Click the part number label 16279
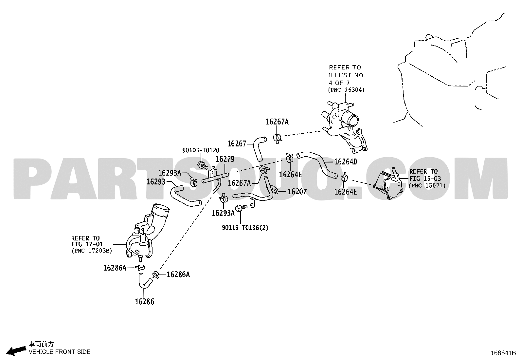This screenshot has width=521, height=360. (225, 159)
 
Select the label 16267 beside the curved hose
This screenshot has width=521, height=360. (237, 144)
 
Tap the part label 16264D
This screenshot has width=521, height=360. (346, 162)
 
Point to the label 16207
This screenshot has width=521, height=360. (297, 192)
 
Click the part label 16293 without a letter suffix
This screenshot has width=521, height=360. (156, 181)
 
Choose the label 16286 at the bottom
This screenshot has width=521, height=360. (144, 302)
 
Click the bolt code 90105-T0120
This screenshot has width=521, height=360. (201, 150)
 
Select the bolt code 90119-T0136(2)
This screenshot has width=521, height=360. (245, 228)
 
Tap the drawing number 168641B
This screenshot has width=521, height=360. (503, 353)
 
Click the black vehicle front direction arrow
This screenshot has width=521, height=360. (16, 351)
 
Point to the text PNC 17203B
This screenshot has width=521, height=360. (92, 251)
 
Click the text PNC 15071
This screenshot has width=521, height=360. (427, 186)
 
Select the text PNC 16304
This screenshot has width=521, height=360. (346, 90)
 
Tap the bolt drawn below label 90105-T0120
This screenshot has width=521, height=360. (203, 165)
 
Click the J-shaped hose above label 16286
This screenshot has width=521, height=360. (145, 282)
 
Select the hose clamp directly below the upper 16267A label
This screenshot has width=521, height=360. (278, 138)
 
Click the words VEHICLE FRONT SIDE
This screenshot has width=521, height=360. (59, 352)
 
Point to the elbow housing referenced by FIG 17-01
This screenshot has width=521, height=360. (147, 233)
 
